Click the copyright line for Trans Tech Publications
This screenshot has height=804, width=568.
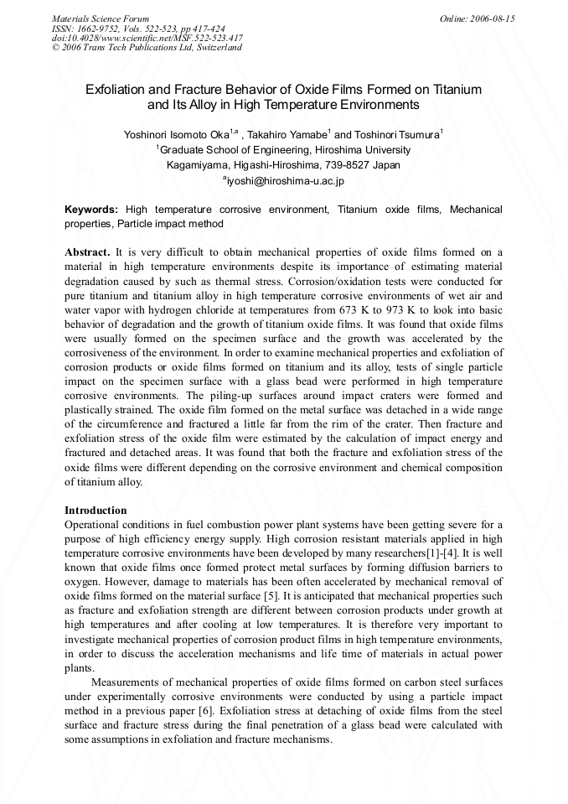(x=147, y=48)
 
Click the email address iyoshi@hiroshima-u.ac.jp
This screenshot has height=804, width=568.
(x=286, y=180)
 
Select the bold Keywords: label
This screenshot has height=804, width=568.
(x=91, y=209)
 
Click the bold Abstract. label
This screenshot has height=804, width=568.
(x=87, y=252)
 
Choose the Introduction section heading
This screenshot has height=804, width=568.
(x=96, y=510)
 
